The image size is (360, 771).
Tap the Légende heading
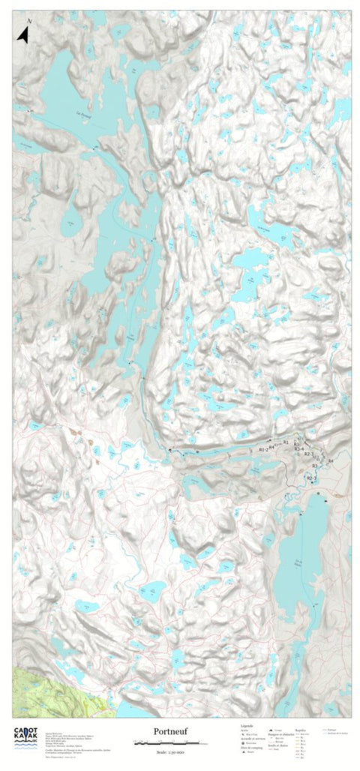click(x=245, y=725)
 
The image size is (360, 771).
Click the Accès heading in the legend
click(x=244, y=729)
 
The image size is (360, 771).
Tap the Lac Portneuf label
click(x=84, y=115)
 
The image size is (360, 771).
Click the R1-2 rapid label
click(x=262, y=448)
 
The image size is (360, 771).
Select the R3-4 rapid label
click(x=300, y=448)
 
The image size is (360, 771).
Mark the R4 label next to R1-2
click(x=272, y=446)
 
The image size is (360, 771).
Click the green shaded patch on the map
click(x=30, y=686)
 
